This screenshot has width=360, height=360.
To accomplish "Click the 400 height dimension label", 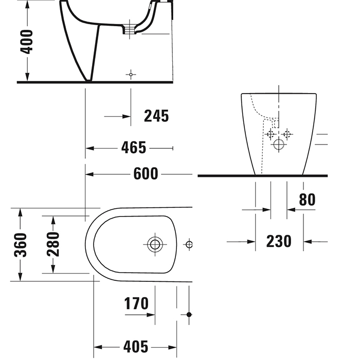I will click(26, 42).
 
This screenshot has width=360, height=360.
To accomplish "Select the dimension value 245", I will click(156, 116).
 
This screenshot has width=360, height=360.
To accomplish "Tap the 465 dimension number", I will click(134, 148).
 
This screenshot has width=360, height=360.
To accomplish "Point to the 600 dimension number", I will click(146, 174).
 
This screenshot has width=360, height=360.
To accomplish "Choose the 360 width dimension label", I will click(20, 245).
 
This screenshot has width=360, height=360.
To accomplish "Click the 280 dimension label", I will click(52, 245).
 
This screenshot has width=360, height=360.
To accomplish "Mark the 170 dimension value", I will click(136, 304).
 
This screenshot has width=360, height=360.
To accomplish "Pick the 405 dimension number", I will click(135, 347).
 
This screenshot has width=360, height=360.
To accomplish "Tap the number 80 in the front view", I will click(307, 200).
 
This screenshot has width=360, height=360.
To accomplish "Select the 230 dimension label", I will click(279, 241).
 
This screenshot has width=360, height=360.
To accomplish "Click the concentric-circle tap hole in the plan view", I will click(155, 244).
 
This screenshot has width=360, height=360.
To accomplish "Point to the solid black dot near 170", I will click(189, 314).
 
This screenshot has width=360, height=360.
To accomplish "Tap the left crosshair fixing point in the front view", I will click(270, 134).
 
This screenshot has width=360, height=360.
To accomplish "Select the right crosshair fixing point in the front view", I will click(287, 134).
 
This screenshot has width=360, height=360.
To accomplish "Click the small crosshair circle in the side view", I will click(131, 75).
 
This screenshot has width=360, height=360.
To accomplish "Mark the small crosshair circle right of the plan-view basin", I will click(189, 244).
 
